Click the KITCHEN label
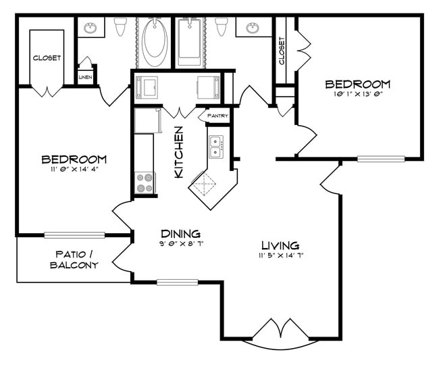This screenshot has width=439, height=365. pos(179,152)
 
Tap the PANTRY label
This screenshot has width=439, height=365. pos(217,116)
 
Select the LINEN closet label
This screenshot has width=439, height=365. pos(85,78)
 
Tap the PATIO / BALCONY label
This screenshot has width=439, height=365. pos(74,260)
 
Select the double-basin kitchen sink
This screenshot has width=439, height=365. pos(217,145)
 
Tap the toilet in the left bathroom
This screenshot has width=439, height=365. pos(120,27)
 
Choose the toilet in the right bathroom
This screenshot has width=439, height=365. pos(220,27)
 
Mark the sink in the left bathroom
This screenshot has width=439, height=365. pos(91,28)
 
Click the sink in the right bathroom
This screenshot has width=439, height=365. pos(253,28)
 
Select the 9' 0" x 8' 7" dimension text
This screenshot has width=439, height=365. pos(179,243)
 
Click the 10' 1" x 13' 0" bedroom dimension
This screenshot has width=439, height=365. pos(357,95)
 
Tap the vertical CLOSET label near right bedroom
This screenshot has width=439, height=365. pos(282,51)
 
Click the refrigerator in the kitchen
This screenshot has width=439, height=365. pos(147,122)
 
